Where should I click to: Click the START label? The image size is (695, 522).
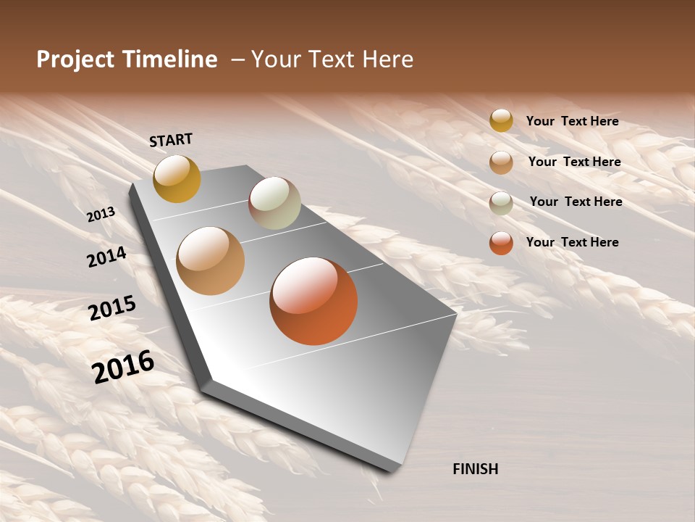pyautogui.click(x=171, y=140)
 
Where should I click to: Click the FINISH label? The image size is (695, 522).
pyautogui.click(x=475, y=469)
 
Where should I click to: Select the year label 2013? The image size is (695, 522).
pyautogui.click(x=101, y=215)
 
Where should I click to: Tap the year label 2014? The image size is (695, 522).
pyautogui.click(x=106, y=257)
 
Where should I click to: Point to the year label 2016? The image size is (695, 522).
pyautogui.click(x=123, y=366)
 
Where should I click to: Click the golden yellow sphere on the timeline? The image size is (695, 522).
pyautogui.click(x=177, y=178)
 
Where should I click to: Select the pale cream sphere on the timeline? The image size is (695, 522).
pyautogui.click(x=274, y=203)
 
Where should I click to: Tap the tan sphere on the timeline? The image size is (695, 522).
pyautogui.click(x=211, y=261)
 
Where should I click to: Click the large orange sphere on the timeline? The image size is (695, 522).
pyautogui.click(x=313, y=301)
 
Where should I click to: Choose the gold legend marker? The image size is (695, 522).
pyautogui.click(x=501, y=120)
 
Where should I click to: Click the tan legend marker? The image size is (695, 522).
pyautogui.click(x=501, y=162)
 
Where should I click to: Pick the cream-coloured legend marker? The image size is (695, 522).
pyautogui.click(x=501, y=203)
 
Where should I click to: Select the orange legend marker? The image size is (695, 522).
pyautogui.click(x=501, y=243)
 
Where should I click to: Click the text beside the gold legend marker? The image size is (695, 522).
pyautogui.click(x=572, y=121)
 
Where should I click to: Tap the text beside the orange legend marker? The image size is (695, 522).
pyautogui.click(x=572, y=242)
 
